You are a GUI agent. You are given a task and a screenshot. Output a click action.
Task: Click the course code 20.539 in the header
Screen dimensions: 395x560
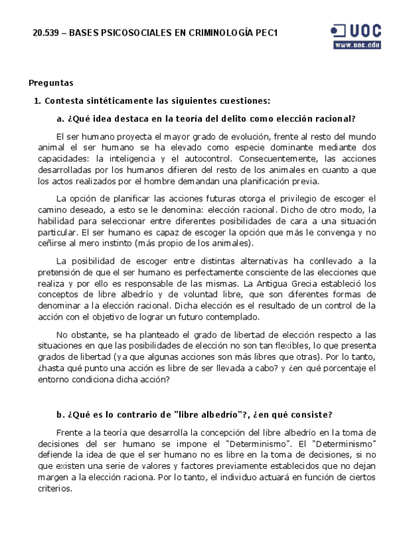coord(45,33)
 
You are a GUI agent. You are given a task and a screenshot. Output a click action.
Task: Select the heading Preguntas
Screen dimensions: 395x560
coord(51,83)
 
